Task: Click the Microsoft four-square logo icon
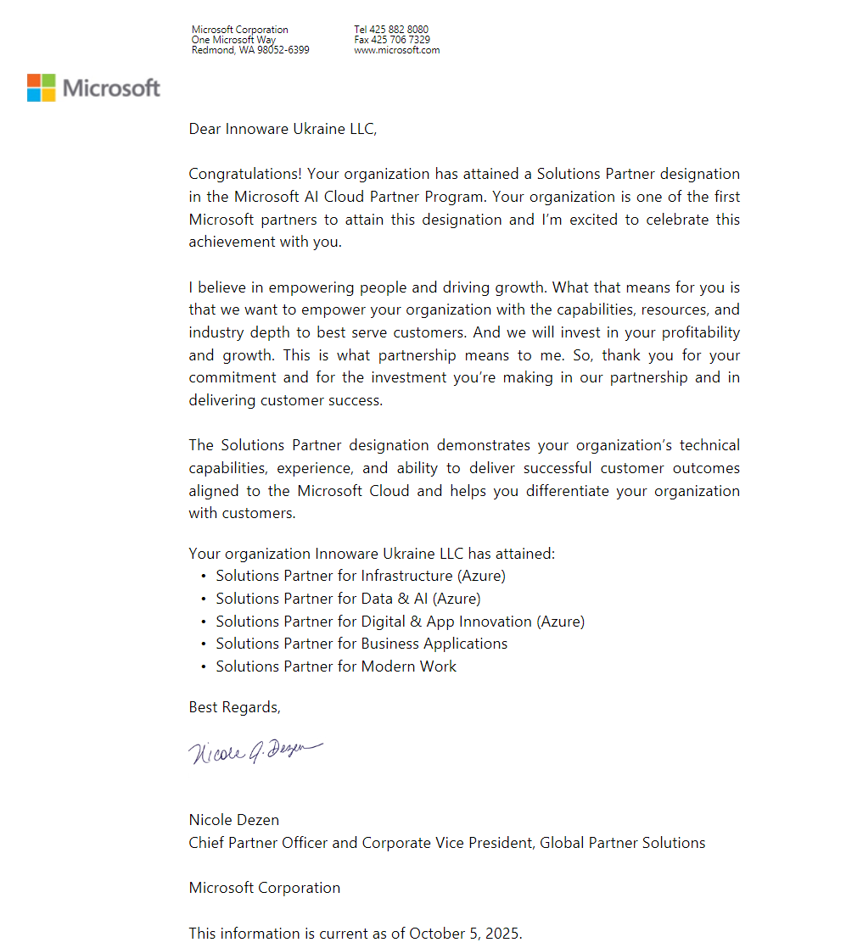(41, 87)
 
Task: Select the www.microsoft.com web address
(396, 50)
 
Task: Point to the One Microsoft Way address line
(233, 40)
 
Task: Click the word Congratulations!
(245, 174)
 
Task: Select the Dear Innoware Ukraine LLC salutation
(282, 129)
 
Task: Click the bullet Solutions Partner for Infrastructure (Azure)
(361, 576)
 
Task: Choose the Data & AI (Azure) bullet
(348, 599)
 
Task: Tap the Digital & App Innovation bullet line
(400, 622)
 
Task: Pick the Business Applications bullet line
(361, 644)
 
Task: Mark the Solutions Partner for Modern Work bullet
(336, 666)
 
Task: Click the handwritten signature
(255, 751)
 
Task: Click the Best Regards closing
(234, 707)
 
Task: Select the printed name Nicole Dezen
(233, 820)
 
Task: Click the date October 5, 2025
(465, 934)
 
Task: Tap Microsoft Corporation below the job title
(264, 888)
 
